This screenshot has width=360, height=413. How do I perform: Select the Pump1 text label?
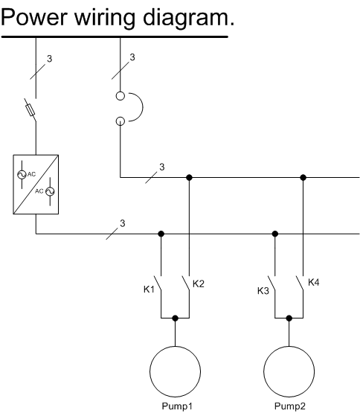pos(177,406)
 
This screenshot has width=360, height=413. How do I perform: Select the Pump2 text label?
pos(290,406)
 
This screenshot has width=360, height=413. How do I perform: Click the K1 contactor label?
pos(149,289)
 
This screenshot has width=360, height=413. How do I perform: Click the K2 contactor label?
pos(199,284)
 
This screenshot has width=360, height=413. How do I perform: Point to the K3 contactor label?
pos(263,291)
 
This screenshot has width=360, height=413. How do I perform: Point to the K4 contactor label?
pos(313,282)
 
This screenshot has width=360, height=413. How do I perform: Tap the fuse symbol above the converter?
pos(30,110)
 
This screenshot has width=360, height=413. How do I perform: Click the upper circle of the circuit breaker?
pos(120,96)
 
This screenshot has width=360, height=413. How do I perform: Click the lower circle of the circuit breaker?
pos(120,121)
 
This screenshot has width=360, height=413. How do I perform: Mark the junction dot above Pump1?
pos(175,318)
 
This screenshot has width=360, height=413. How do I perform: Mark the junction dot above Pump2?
pos(289,318)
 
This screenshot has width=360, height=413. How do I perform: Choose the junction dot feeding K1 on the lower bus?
pos(161,234)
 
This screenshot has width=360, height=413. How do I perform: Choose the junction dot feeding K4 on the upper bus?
pos(303,178)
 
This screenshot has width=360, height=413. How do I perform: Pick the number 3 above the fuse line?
pos(50,59)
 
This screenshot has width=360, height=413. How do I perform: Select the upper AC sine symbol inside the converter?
pos(22,174)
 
